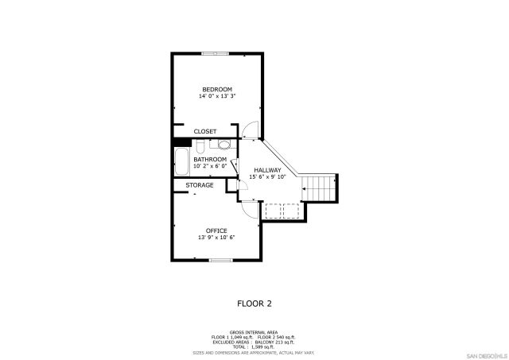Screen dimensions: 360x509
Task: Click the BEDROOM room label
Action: click(x=216, y=89)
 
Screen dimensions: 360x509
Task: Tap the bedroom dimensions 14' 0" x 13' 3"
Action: click(x=216, y=96)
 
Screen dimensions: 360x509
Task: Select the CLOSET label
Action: click(x=204, y=131)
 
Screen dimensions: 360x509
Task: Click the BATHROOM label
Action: click(x=210, y=159)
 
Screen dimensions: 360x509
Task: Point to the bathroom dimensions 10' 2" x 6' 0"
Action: click(x=210, y=166)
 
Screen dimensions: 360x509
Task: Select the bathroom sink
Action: click(x=224, y=145)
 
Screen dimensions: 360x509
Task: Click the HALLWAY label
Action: click(x=268, y=170)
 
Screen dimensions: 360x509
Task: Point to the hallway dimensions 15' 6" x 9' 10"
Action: click(x=268, y=177)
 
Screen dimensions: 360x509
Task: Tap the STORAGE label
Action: click(x=200, y=185)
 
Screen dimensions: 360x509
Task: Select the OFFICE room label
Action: click(x=216, y=230)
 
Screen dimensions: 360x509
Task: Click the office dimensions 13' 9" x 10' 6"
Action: click(x=216, y=238)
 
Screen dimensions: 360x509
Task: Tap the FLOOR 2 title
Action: click(x=254, y=303)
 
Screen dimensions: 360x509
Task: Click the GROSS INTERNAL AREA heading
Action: click(x=254, y=332)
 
